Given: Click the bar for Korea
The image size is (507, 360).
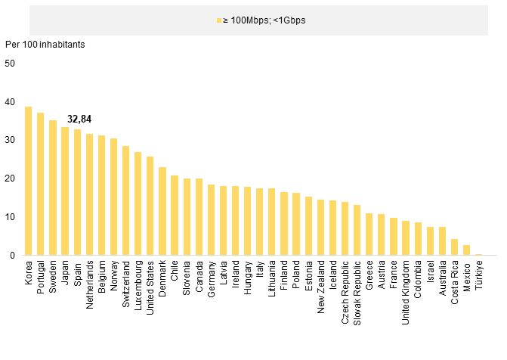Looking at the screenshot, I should [28, 182].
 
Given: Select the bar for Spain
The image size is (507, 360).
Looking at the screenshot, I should [77, 193].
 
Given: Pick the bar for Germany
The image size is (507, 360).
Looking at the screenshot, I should [211, 220].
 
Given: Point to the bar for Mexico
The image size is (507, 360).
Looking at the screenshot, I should [467, 250].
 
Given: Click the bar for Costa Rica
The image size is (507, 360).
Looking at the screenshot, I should [455, 247].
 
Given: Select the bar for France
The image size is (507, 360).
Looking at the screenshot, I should [394, 237].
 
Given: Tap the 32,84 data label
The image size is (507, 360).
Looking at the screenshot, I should [79, 119].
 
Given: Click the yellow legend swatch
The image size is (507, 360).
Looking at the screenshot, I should [219, 20].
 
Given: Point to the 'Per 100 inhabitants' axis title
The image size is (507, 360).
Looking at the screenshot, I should [45, 44].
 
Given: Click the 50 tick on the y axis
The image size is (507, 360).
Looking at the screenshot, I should [10, 64].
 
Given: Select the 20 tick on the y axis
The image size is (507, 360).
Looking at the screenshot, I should [10, 178].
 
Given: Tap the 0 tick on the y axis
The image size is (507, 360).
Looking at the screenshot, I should [12, 256].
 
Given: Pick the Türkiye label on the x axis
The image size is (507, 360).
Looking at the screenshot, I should [479, 274].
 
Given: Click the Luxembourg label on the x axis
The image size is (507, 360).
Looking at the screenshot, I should [138, 283].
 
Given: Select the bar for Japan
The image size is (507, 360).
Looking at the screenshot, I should [65, 191].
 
